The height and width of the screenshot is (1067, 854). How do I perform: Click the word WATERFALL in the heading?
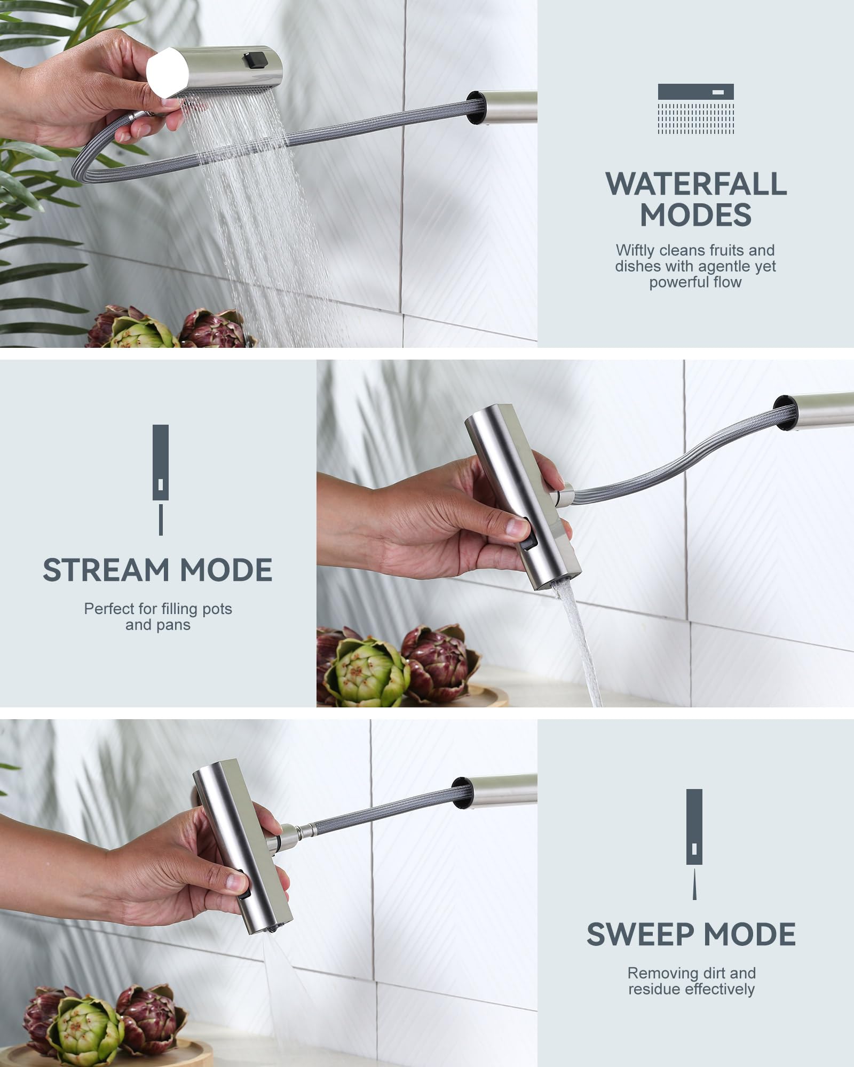point(695,184)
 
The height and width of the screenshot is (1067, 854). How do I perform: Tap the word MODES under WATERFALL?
point(695,215)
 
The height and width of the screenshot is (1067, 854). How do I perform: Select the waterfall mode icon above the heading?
point(695,109)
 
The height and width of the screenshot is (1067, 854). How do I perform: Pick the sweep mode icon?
point(694,843)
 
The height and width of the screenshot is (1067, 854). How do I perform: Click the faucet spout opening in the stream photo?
point(785,412)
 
